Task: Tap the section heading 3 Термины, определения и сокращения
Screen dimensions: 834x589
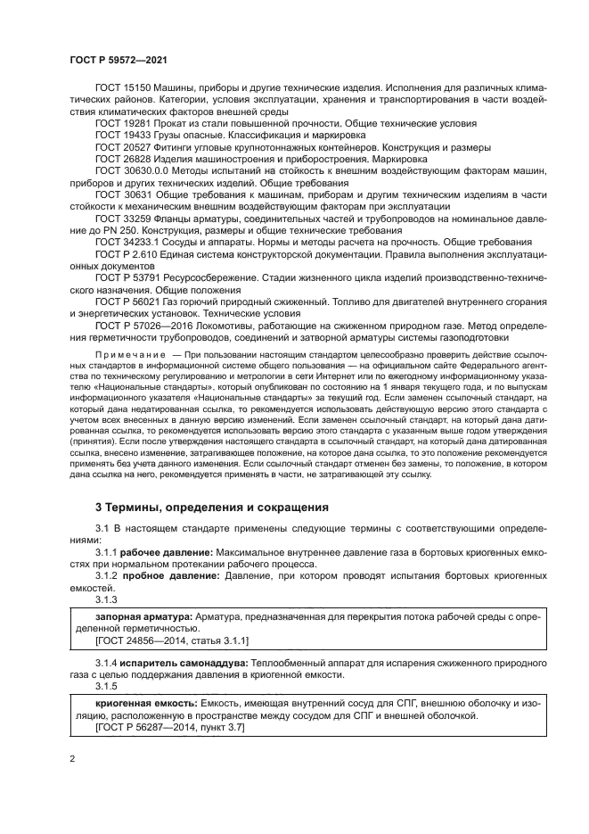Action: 212,507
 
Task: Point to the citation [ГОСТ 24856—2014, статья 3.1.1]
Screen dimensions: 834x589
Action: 172,640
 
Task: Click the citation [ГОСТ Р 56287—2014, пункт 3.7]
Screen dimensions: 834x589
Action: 169,728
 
